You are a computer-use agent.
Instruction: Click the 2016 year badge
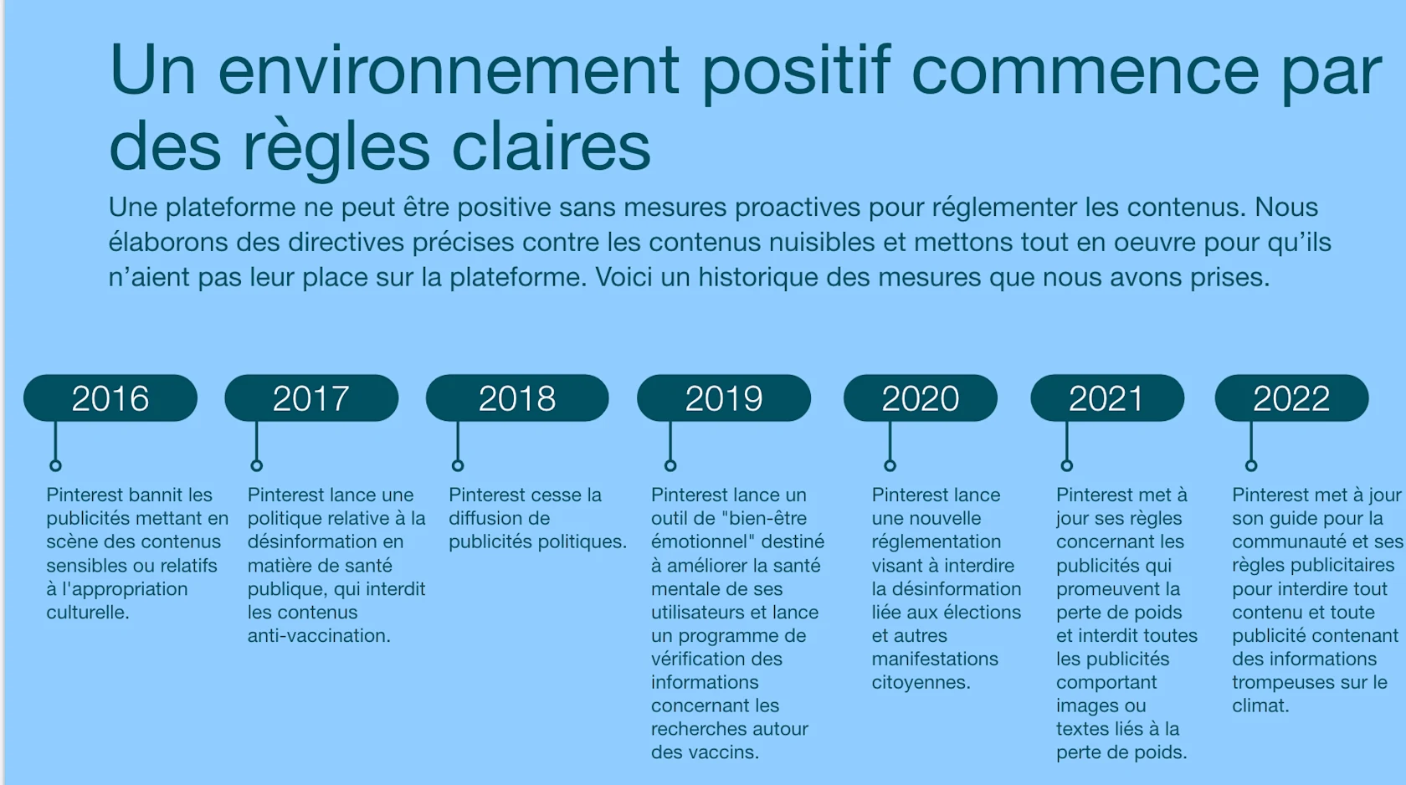tap(110, 398)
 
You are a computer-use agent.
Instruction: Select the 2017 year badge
tap(311, 398)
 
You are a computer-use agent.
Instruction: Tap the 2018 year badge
tap(517, 398)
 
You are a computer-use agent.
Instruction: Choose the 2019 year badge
tap(724, 398)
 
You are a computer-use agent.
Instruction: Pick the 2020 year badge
tap(921, 398)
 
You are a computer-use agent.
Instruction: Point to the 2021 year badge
tap(1107, 398)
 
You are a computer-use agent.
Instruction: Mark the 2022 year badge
tap(1292, 398)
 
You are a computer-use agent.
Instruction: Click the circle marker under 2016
tap(56, 465)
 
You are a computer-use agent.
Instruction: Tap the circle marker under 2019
tap(670, 465)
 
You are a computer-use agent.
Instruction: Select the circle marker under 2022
tap(1251, 465)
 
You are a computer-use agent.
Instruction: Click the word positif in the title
tap(795, 71)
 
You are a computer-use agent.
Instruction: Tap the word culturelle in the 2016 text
tap(88, 613)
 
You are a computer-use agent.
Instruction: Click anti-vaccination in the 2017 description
tap(319, 636)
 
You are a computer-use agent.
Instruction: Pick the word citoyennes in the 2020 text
tap(921, 683)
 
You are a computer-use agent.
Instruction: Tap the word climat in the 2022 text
tap(1260, 706)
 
